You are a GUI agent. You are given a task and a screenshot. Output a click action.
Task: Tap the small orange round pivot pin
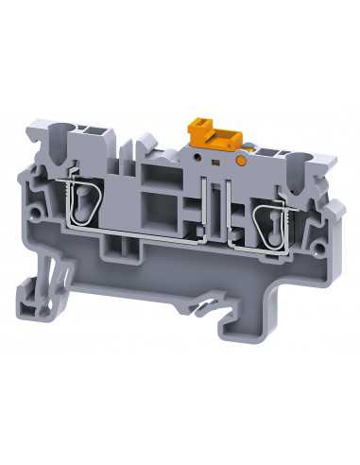click(244, 162)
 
